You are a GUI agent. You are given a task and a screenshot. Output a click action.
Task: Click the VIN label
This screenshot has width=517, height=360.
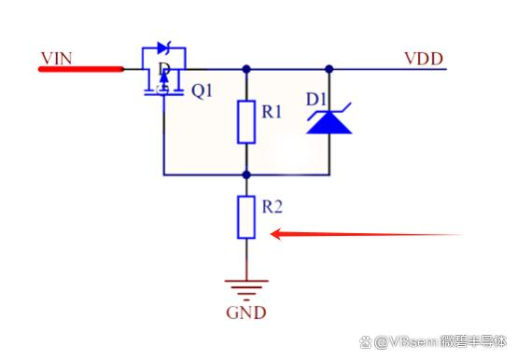click(x=56, y=59)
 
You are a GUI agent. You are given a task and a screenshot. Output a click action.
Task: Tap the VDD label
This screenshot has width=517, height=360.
click(x=424, y=59)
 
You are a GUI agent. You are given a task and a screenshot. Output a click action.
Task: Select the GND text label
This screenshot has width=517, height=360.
click(x=246, y=312)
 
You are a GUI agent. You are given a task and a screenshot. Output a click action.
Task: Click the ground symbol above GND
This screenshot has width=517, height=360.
click(x=246, y=290)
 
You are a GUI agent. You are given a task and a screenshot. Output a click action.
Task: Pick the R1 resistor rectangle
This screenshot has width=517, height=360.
click(x=246, y=122)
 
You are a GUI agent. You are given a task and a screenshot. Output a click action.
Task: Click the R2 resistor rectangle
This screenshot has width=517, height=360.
click(x=246, y=217)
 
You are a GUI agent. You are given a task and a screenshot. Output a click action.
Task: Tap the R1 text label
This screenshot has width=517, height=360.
click(x=272, y=112)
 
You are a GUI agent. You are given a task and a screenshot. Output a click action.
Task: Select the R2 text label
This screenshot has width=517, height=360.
click(x=272, y=207)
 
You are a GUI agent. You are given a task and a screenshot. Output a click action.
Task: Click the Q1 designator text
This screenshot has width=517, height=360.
click(x=203, y=90)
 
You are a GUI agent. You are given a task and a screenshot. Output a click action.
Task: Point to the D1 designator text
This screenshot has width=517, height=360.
click(x=316, y=99)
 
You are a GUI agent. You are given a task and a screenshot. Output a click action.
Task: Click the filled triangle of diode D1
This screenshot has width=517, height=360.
click(x=329, y=122)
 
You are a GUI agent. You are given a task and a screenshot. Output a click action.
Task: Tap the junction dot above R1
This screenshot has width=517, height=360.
click(x=246, y=69)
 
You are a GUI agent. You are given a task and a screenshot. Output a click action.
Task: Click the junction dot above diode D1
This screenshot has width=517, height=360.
click(x=329, y=69)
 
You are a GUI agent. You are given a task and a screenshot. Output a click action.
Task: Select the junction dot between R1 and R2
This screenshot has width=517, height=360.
click(x=246, y=174)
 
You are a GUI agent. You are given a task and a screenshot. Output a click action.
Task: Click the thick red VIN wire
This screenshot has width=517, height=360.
click(x=81, y=69)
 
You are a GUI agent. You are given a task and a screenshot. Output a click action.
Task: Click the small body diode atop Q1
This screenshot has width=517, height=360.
click(x=164, y=48)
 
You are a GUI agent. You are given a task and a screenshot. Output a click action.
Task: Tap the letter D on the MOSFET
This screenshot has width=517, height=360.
click(x=164, y=69)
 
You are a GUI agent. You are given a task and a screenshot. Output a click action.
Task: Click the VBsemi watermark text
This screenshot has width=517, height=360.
click(x=433, y=341)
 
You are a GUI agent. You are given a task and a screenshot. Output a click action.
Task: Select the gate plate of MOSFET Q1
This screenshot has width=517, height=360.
click(x=163, y=94)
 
